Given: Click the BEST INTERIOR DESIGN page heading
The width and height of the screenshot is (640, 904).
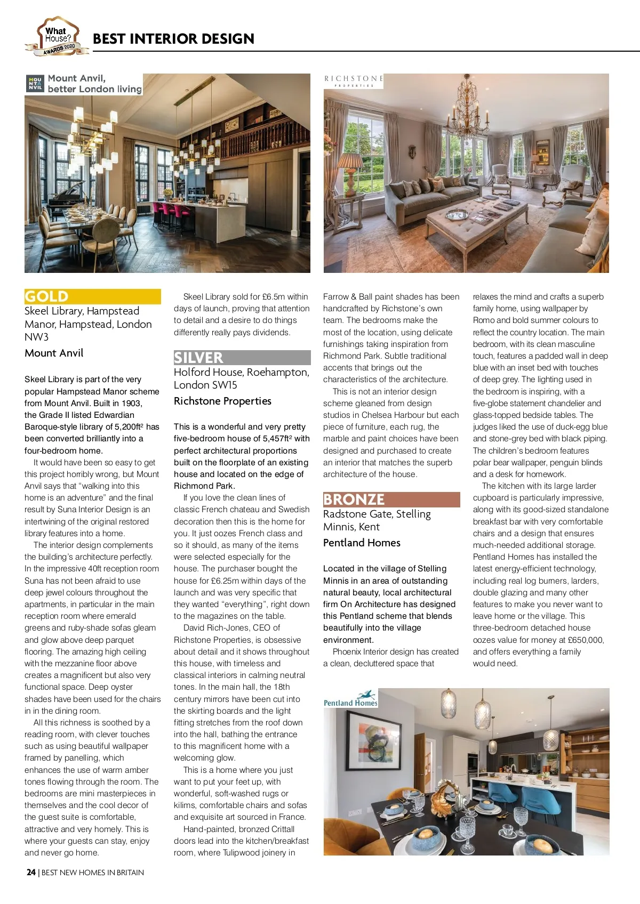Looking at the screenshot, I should [x=173, y=39].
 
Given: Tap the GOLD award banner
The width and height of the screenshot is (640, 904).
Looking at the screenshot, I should [x=92, y=296].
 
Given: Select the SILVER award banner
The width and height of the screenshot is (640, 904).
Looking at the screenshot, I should [x=242, y=357].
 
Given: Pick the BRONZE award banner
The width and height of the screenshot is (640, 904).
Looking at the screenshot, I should [x=391, y=499].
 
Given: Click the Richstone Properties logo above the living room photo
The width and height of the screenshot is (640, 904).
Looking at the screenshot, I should [x=354, y=81].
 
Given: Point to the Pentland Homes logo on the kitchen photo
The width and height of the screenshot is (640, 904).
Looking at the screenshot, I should [x=350, y=699].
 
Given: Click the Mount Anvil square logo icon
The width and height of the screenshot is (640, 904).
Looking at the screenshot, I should [x=35, y=84].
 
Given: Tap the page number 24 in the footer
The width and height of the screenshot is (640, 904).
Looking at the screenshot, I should [x=31, y=873].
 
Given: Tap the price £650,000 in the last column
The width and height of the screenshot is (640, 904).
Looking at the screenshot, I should [x=585, y=640].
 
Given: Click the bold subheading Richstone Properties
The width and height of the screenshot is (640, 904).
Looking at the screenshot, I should [x=222, y=401].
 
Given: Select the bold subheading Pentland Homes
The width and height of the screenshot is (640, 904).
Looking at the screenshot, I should [x=362, y=543].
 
